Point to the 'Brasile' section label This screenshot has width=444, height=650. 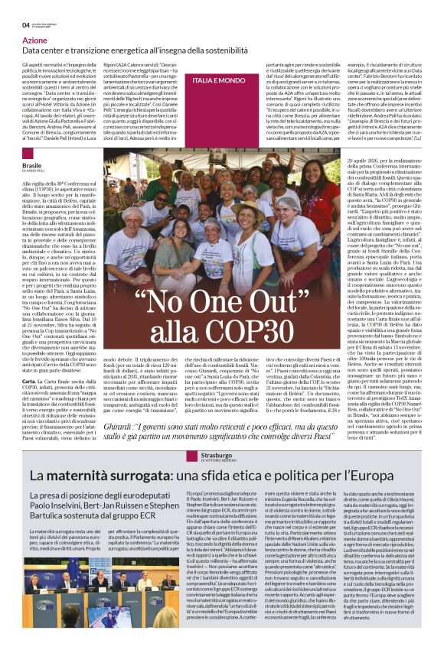pos(33,165)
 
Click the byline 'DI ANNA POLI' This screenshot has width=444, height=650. pos(35,171)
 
